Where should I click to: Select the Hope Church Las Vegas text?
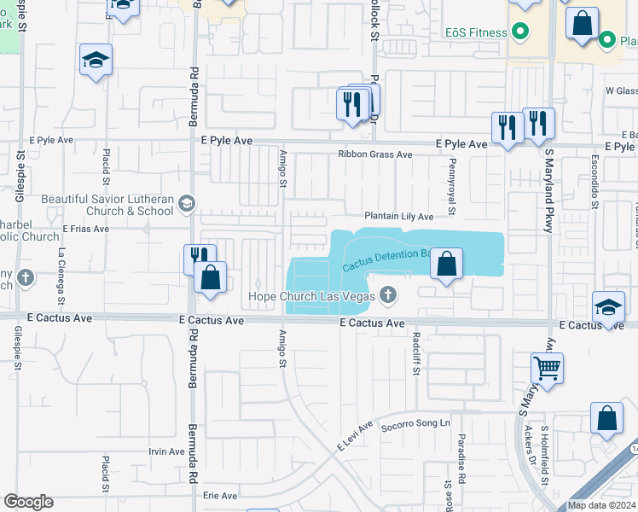pos(312,297)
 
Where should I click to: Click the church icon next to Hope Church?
pos(388,296)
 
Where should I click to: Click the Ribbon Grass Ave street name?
pos(374,154)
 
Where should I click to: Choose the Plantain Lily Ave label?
pos(399,217)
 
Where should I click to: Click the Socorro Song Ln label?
pos(415,426)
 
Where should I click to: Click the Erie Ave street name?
pos(219,494)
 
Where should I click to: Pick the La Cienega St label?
pos(61,275)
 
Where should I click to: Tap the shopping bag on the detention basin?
pos(446,265)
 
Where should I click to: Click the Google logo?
pos(28,502)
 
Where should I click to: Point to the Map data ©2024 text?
pos(601,505)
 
